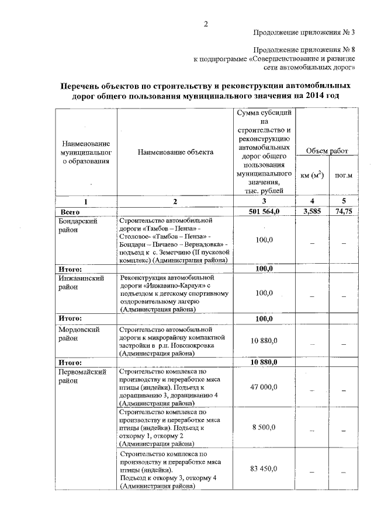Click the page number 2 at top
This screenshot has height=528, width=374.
(206, 24)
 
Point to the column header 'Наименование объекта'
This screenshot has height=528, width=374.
(175, 152)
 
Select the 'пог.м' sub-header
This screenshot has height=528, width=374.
(343, 174)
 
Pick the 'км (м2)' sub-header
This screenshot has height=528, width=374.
(313, 174)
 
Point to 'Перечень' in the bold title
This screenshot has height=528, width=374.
(83, 85)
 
